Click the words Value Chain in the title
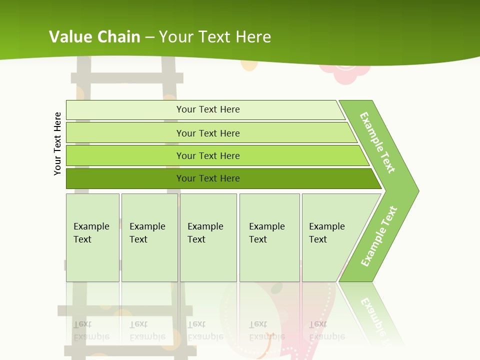[x=94, y=37]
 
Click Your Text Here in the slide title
[x=215, y=37]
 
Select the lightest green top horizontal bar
[x=125, y=110]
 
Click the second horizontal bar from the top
[x=125, y=133]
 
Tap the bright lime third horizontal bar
[x=125, y=155]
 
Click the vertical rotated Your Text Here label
[x=58, y=144]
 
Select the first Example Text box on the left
[x=92, y=237]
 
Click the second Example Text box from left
[x=149, y=237]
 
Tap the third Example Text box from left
[x=207, y=237]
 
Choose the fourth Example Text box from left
[x=269, y=237]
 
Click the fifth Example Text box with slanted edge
[x=330, y=237]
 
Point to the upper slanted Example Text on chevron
[x=377, y=142]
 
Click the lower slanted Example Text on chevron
[x=379, y=236]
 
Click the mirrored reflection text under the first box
[x=91, y=330]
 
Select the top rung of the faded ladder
[x=127, y=78]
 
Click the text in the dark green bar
[x=208, y=178]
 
